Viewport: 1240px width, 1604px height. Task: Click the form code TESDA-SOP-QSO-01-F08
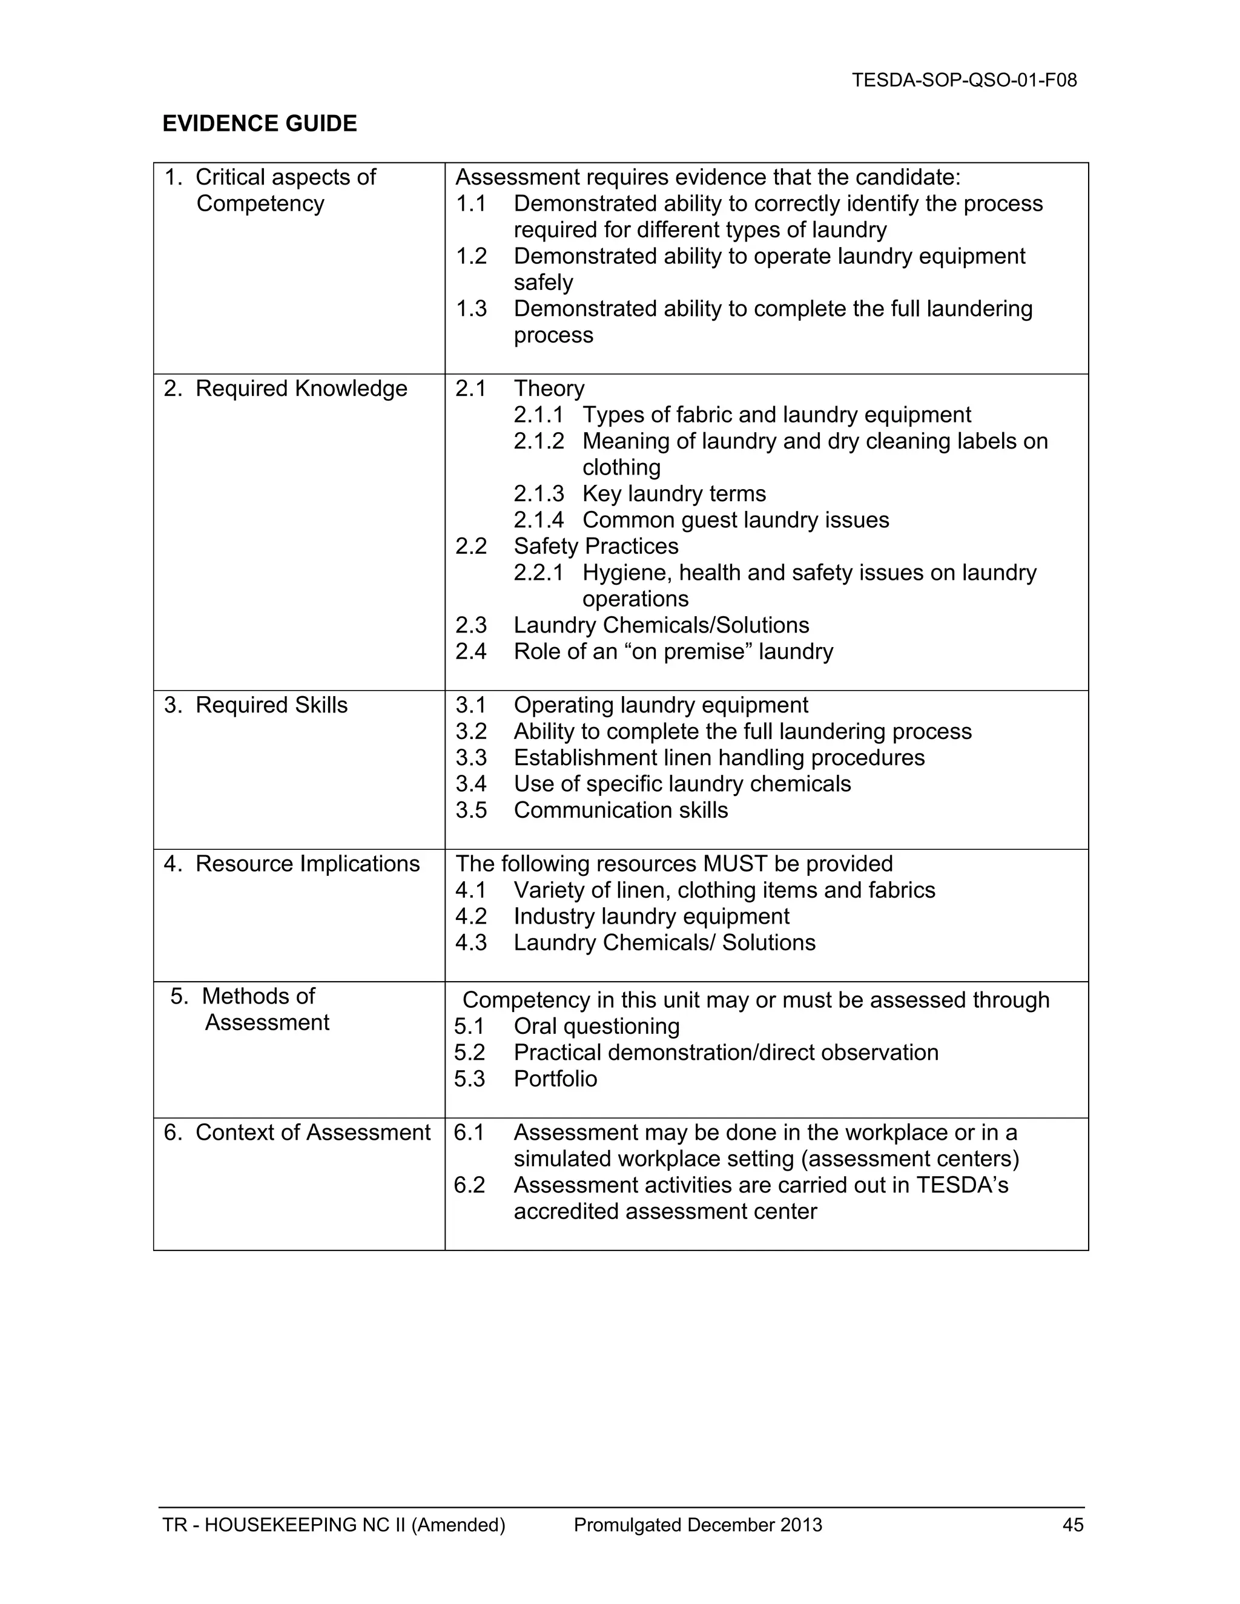coord(964,80)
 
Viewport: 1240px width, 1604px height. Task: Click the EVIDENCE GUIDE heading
coord(259,123)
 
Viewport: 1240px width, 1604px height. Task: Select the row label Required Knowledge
coord(300,389)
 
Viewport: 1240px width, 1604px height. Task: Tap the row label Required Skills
coord(271,705)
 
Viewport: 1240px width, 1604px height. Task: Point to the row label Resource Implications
coord(307,864)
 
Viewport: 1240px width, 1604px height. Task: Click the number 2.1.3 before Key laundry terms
coord(538,493)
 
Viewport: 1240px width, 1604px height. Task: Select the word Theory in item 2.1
coord(549,389)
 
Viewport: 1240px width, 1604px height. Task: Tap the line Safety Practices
coord(595,547)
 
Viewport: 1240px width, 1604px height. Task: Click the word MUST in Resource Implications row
coord(736,864)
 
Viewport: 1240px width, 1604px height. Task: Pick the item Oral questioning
coord(596,1026)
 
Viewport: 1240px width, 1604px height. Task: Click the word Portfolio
coord(555,1079)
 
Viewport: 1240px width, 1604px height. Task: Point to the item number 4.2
coord(471,916)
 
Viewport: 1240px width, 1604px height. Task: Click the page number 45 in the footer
coord(1072,1525)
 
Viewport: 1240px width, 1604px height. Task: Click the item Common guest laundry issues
coord(734,520)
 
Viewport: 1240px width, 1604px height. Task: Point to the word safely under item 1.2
coord(543,283)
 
